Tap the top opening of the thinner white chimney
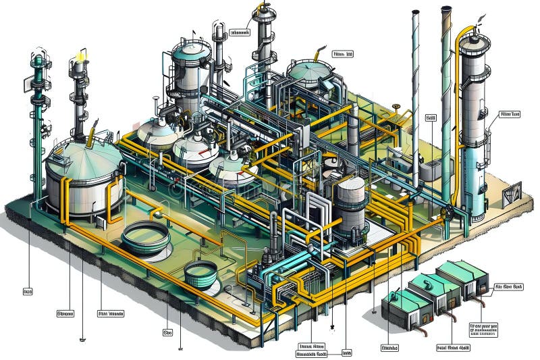[x=414, y=12]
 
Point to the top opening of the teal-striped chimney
[x=446, y=9]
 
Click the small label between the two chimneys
[x=430, y=117]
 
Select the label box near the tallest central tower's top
[x=240, y=32]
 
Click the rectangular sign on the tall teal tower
[x=22, y=84]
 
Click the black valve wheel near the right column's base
[x=446, y=215]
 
